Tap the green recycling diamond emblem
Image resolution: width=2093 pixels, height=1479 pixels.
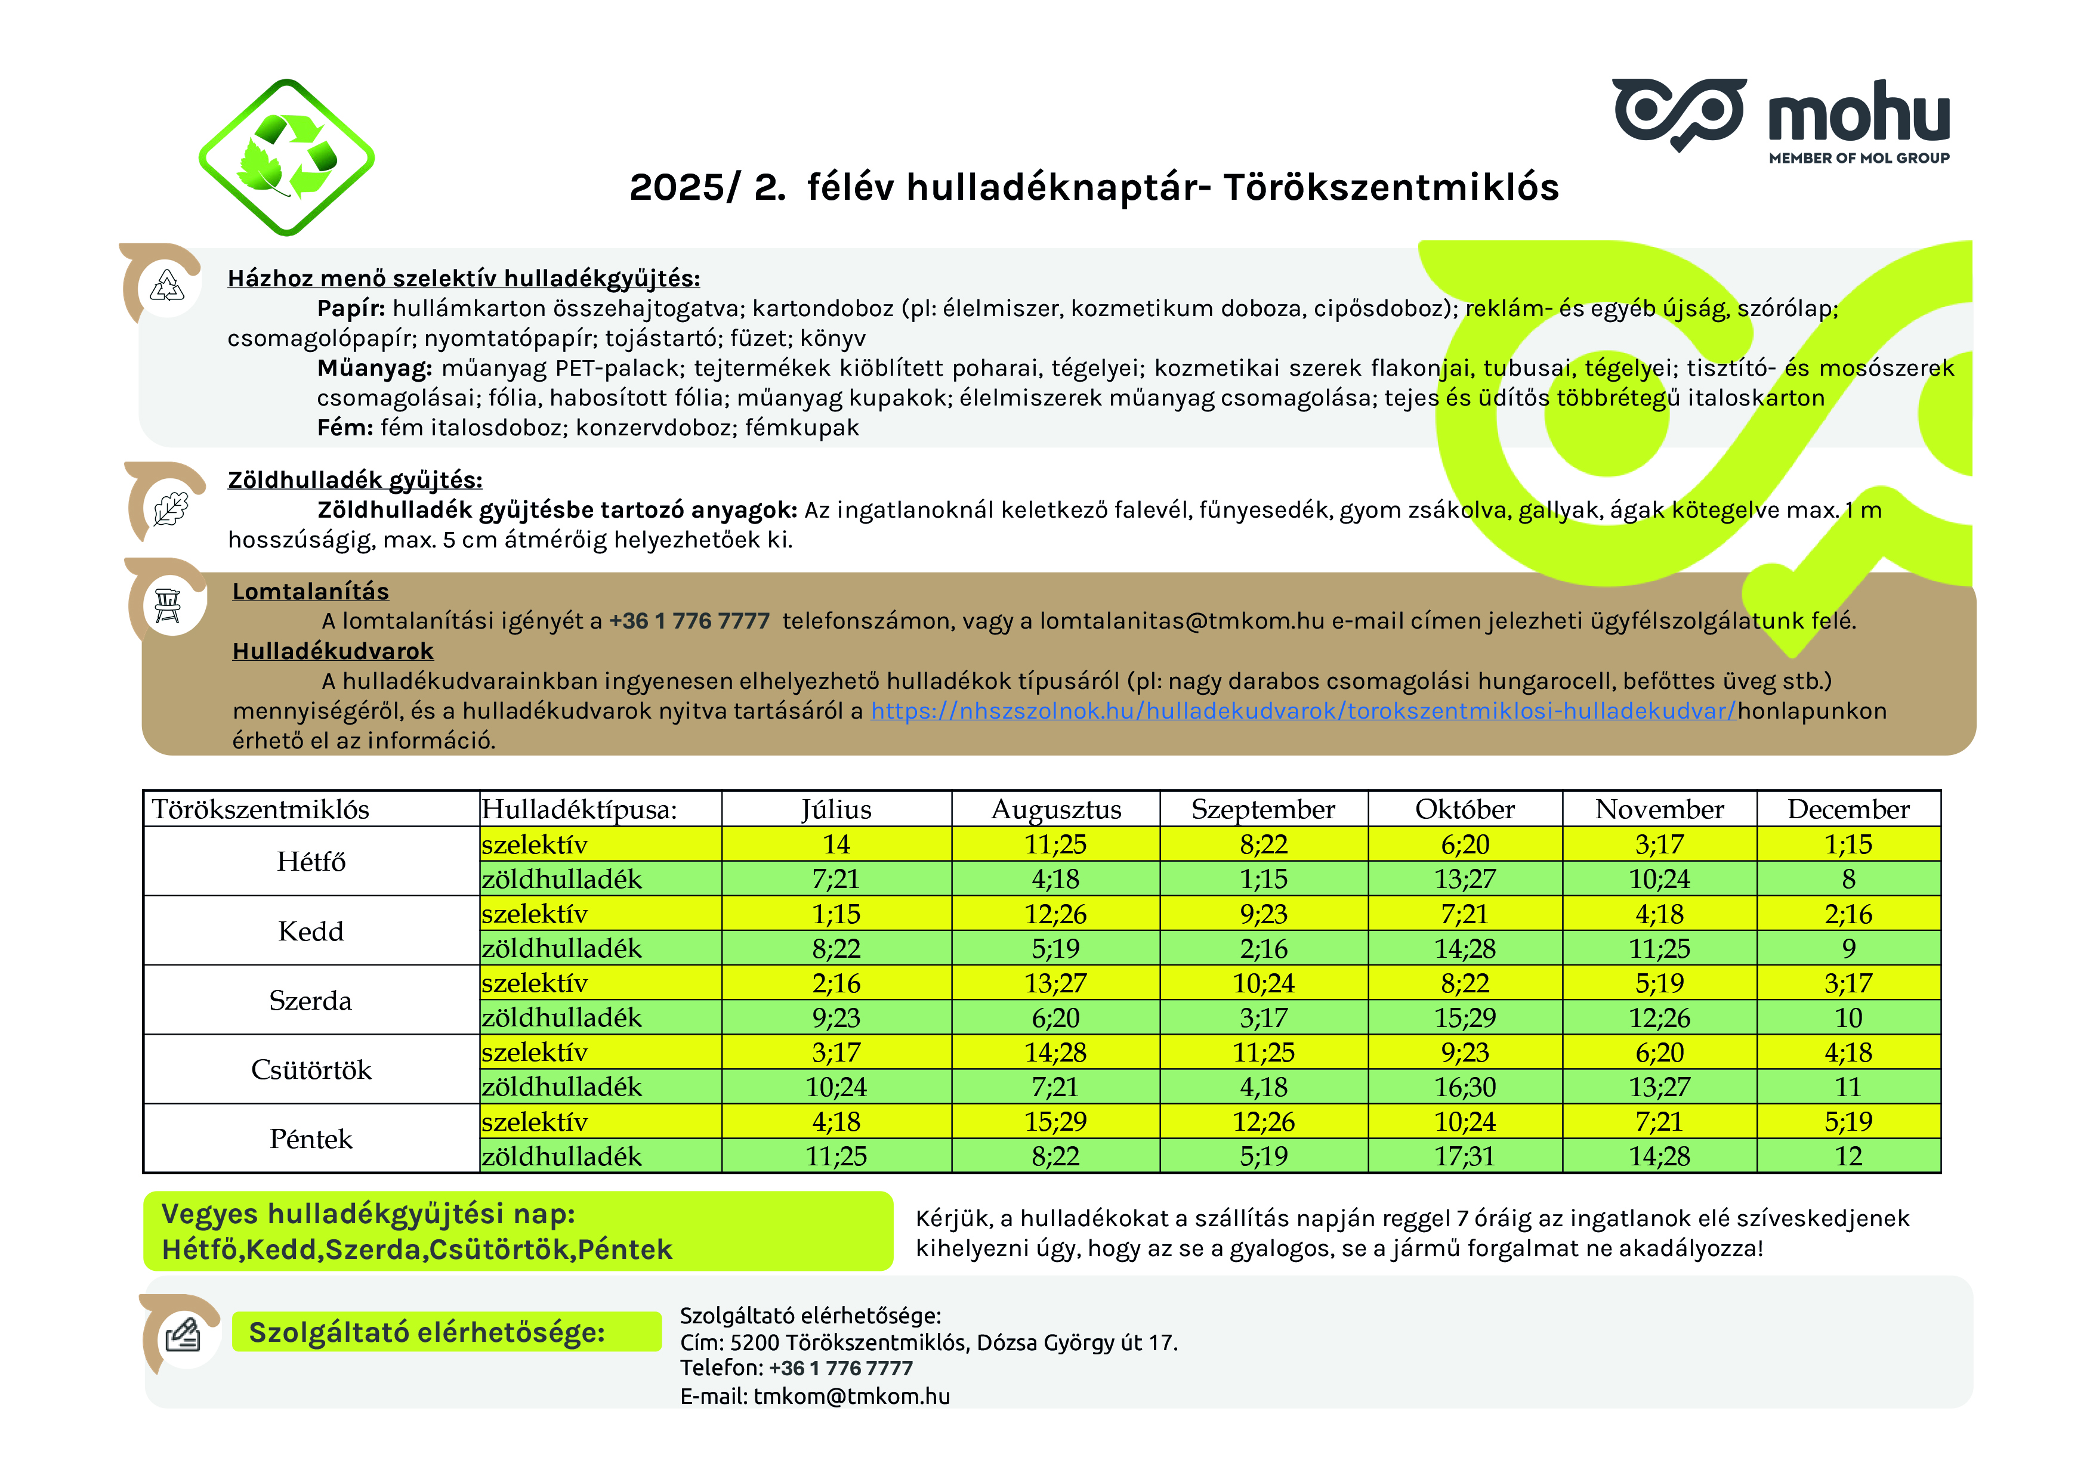[x=286, y=157]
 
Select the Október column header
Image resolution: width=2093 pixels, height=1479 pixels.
[x=1464, y=809]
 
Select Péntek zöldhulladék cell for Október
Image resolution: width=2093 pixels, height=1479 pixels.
[x=1464, y=1156]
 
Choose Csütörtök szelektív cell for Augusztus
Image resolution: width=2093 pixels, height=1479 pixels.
[x=1055, y=1053]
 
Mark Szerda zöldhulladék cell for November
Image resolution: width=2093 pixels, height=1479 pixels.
[x=1659, y=1018]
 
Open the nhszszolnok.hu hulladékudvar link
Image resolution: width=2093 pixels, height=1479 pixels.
[x=1302, y=711]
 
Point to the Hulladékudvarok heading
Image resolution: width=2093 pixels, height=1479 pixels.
[x=333, y=651]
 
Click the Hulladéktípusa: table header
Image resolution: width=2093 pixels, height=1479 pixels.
[x=580, y=809]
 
